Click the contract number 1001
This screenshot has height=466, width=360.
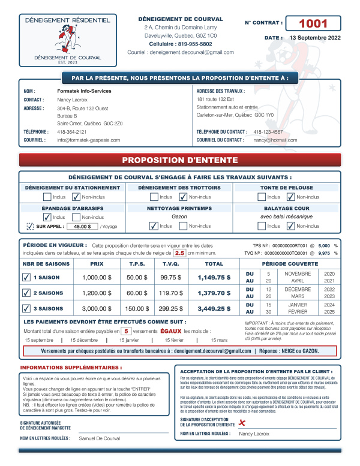(x=313, y=23)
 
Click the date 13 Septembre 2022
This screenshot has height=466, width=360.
(x=315, y=38)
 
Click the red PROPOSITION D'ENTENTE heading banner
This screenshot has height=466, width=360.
(x=180, y=160)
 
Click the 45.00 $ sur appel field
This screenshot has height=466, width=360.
(x=82, y=226)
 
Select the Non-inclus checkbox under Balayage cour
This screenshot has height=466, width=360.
(x=292, y=226)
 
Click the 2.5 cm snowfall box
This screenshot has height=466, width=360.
(x=179, y=253)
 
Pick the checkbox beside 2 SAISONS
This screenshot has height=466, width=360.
(x=26, y=293)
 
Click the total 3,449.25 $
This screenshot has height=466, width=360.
(x=214, y=308)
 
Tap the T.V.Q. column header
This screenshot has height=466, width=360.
(x=171, y=263)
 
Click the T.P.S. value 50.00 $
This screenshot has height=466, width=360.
(x=137, y=278)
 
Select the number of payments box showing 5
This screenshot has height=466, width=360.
(x=126, y=330)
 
